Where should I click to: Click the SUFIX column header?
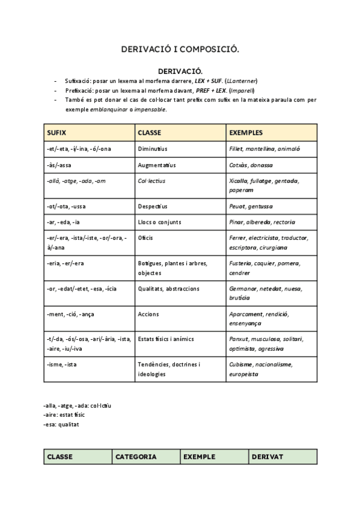(56, 132)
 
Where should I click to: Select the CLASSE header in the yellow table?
(150, 132)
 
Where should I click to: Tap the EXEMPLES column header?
(246, 132)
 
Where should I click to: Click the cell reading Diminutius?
(153, 149)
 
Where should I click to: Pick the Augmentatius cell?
(156, 165)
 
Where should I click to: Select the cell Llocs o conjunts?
(159, 222)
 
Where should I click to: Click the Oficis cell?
(145, 238)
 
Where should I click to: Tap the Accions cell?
(148, 314)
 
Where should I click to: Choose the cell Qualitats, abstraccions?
(168, 289)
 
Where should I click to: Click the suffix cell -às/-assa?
(59, 165)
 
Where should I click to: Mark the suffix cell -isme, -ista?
(61, 364)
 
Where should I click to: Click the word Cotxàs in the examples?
(239, 165)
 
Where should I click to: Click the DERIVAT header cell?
(267, 456)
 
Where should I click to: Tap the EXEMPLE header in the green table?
(200, 456)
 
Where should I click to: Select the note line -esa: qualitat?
(61, 424)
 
